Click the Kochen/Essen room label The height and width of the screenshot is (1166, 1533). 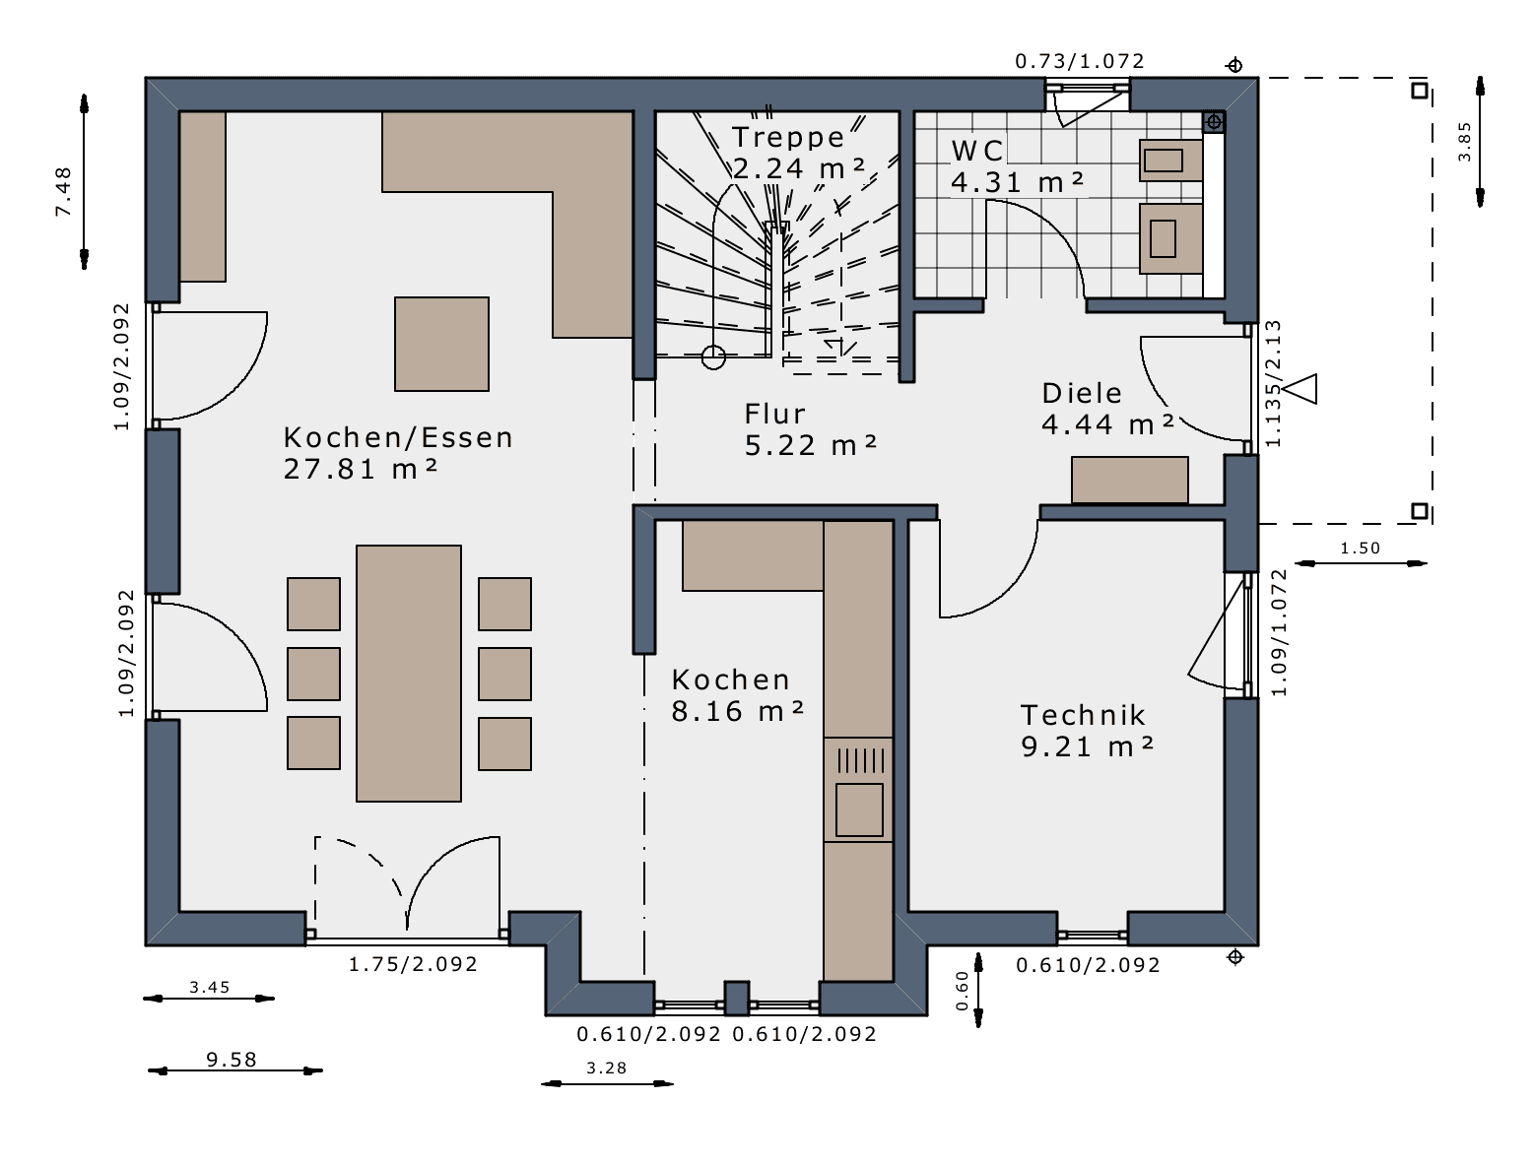398,437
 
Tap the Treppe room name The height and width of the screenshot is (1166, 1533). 788,138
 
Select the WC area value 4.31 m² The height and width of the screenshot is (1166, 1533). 1017,183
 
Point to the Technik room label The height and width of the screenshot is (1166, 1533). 1083,715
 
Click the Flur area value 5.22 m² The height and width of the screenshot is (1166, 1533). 810,445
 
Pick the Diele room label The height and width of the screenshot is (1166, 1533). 1082,394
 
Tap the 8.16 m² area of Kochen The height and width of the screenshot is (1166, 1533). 738,711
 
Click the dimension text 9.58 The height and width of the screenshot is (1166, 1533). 232,1060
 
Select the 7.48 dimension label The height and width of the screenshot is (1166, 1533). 64,191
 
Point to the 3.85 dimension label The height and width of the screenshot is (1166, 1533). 1465,142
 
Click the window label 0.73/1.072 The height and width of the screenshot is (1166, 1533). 1080,61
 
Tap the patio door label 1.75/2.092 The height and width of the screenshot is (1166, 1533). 413,964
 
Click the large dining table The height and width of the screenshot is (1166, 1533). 409,674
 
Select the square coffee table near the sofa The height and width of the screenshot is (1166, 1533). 441,344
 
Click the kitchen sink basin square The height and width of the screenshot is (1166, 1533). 859,810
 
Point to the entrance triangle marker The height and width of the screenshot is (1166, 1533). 1301,389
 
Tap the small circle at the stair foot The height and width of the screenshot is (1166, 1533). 713,357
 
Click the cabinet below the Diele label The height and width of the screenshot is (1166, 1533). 1129,480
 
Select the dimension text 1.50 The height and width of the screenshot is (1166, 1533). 1360,549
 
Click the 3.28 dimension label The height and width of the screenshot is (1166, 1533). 606,1068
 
